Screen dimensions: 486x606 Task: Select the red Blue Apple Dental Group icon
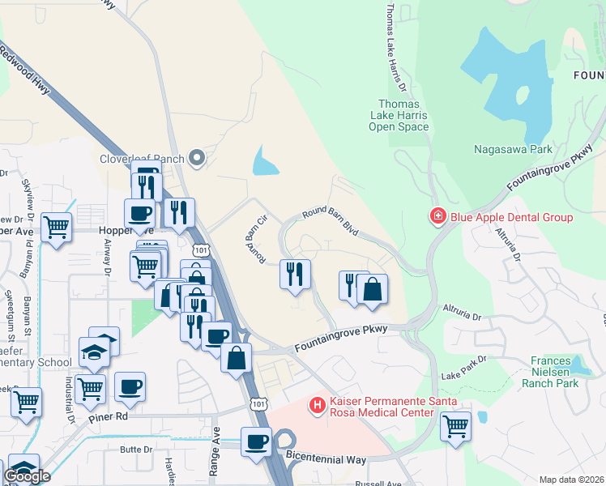pos(437,216)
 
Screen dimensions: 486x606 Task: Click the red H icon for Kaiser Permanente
pos(318,403)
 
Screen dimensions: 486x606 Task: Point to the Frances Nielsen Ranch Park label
pos(555,372)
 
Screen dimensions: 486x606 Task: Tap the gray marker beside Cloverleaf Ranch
pos(196,158)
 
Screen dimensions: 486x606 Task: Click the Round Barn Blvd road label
pos(330,220)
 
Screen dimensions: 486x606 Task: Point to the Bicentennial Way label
pos(326,459)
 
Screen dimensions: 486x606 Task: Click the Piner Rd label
pos(110,416)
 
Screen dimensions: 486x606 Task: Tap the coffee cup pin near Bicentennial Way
pos(257,442)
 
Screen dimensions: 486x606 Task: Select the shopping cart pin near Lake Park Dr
pos(456,424)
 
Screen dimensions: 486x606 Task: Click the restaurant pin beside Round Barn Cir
pos(295,272)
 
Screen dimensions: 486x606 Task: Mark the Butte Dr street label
pos(135,449)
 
